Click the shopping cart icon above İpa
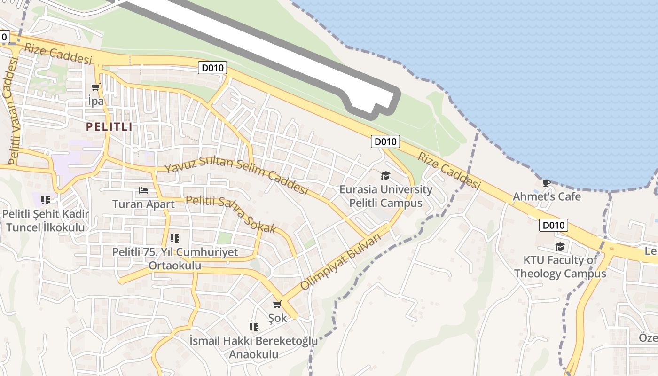(96, 87)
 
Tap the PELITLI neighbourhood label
(109, 126)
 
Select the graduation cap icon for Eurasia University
(385, 175)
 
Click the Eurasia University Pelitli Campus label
(386, 196)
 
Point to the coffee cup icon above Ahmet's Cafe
(546, 183)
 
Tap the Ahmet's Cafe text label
(547, 196)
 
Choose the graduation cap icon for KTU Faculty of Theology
(560, 246)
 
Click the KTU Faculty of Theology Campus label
(560, 266)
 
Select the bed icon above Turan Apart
(143, 190)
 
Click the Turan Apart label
(143, 204)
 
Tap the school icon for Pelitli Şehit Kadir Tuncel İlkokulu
(46, 200)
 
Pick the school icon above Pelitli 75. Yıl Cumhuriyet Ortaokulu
(175, 238)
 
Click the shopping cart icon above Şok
(277, 305)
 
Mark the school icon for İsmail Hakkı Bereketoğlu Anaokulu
(254, 327)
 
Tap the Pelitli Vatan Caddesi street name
(13, 108)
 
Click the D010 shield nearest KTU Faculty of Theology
(553, 225)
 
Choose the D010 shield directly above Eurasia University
(385, 141)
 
